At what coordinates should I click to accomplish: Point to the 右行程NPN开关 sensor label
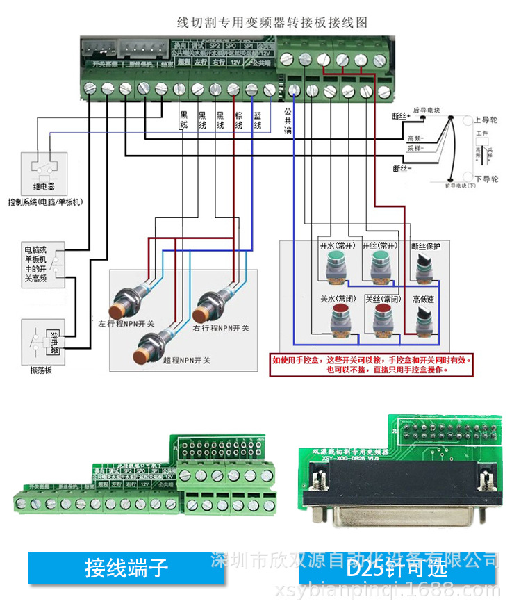click(221, 327)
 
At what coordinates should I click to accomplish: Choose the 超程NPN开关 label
click(185, 360)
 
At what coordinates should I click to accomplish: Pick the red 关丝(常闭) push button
click(381, 316)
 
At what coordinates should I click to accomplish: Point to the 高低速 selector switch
click(424, 317)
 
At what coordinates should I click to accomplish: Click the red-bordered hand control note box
click(373, 366)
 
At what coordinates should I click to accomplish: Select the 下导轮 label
click(486, 179)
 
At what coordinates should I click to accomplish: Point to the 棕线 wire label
click(239, 120)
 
